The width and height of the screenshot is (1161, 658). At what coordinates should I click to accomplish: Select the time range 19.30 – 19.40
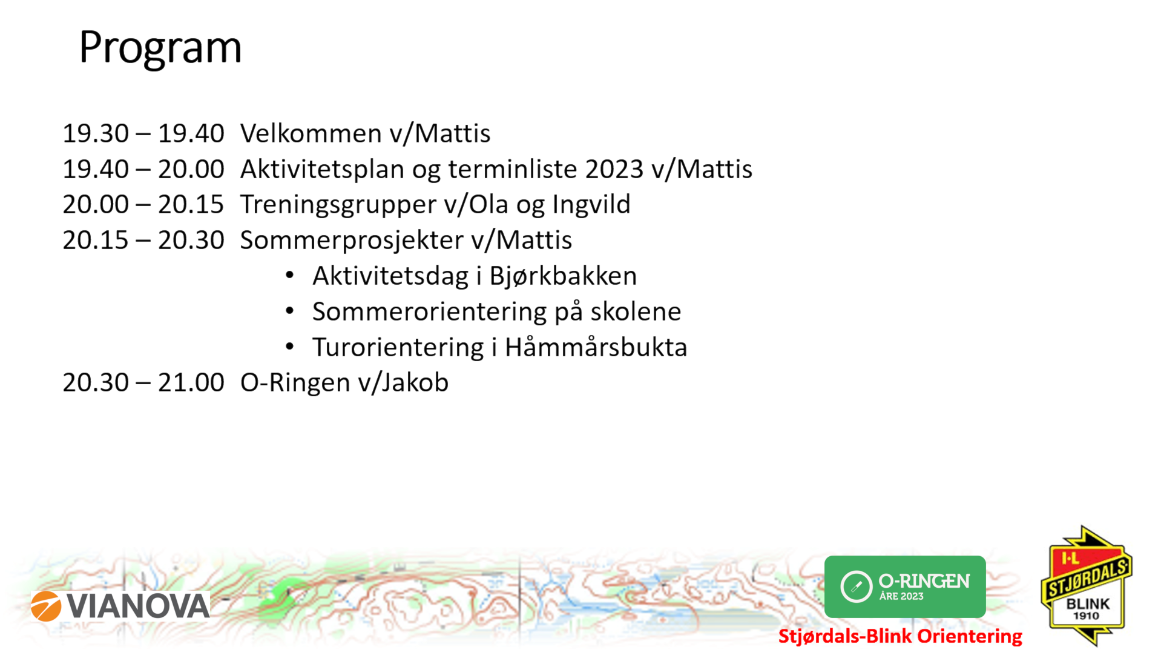pos(143,133)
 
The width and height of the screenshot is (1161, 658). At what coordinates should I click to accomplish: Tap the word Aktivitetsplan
pos(322,170)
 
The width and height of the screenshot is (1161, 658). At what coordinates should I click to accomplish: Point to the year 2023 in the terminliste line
pos(614,169)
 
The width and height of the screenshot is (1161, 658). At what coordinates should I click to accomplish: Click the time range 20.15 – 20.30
pos(143,241)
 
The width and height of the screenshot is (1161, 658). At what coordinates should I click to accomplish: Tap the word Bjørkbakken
pos(563,276)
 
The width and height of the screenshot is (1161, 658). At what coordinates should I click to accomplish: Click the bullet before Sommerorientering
pos(290,311)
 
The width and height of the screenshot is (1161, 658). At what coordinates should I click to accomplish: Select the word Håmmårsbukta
pos(596,347)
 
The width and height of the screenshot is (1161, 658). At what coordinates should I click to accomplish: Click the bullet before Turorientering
pos(290,347)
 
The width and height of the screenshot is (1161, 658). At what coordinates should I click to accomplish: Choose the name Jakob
pos(415,383)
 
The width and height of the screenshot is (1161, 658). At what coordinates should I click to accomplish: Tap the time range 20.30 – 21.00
pos(143,383)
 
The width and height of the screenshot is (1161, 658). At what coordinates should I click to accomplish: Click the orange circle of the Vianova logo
pos(46,606)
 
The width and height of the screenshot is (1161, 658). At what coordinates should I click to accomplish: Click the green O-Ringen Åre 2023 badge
pos(905,587)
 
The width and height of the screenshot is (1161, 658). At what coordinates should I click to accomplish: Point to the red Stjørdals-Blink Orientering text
pos(900,636)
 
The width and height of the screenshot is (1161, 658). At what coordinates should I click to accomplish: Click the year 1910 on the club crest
pos(1087,616)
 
